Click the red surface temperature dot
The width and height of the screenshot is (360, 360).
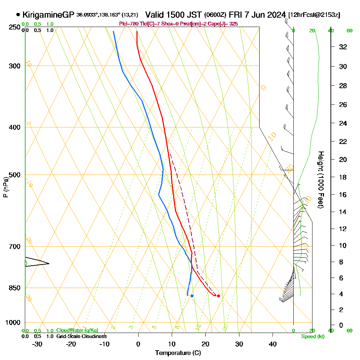[x=219, y=296]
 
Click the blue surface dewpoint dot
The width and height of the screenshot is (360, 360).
[x=192, y=296]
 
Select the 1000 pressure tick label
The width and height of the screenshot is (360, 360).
[x=13, y=323]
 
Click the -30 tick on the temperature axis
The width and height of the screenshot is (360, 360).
[x=37, y=344]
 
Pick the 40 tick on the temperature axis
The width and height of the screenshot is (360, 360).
[x=273, y=344]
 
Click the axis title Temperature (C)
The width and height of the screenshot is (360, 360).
[x=178, y=353]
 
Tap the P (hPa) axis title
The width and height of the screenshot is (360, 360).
[x=5, y=187]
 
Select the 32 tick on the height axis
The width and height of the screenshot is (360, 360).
[x=343, y=47]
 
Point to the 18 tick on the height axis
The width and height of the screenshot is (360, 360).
[x=343, y=177]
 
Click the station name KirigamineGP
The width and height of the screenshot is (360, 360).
[x=49, y=15]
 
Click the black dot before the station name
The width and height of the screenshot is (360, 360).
[x=18, y=15]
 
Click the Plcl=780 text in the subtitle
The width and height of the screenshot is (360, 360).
[x=129, y=24]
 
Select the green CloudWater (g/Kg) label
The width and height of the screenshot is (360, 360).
[x=77, y=330]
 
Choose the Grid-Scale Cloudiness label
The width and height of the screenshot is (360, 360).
[x=81, y=336]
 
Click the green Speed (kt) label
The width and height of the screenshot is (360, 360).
[x=312, y=337]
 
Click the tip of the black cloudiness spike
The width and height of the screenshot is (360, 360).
[x=49, y=264]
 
